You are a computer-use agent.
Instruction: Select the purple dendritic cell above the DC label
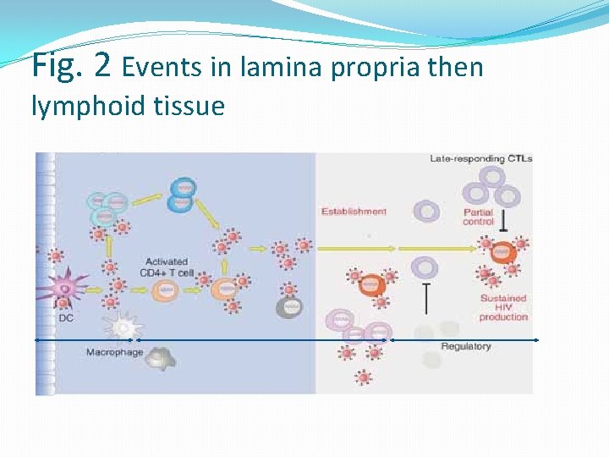click(66, 289)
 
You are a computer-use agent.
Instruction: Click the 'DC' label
click(66, 318)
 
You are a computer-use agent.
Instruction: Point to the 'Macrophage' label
click(114, 352)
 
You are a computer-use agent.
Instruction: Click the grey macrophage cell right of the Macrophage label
click(157, 359)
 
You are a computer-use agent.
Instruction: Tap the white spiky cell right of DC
click(122, 326)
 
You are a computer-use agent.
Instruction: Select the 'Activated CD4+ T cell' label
click(166, 267)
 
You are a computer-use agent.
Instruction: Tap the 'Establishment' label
click(354, 211)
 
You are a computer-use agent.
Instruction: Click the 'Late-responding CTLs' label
click(480, 158)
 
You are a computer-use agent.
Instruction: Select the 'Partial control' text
click(478, 217)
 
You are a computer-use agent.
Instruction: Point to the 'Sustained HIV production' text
click(503, 307)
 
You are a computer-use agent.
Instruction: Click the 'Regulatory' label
click(465, 347)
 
